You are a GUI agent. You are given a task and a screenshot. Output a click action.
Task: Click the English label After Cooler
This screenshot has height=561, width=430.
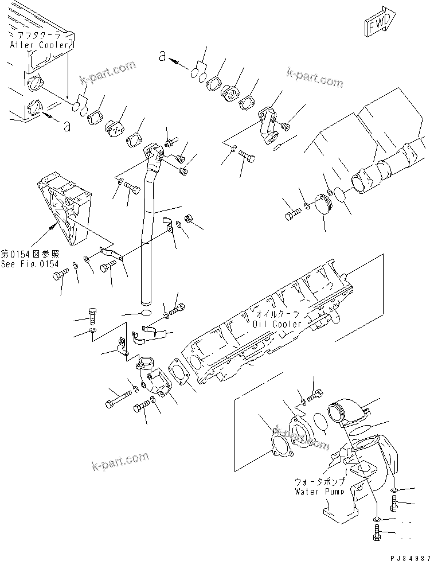(40, 44)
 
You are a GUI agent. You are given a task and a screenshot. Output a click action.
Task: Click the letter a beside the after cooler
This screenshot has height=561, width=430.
(67, 126)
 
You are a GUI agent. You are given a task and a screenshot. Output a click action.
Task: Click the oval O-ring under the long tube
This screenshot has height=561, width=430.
(146, 313)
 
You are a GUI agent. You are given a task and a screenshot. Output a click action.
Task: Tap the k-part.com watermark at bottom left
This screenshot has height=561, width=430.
(121, 460)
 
